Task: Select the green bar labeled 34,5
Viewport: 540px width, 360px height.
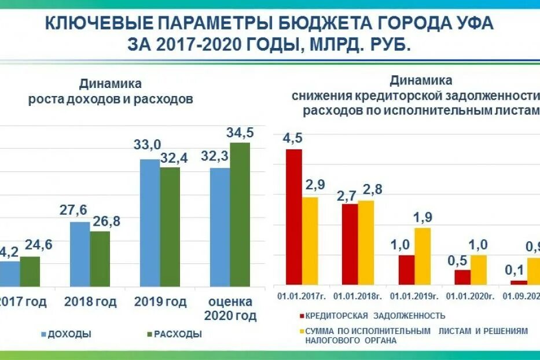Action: (x=240, y=214)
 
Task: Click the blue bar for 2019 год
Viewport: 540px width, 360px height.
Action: (x=150, y=223)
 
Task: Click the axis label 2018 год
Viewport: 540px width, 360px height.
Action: (x=90, y=302)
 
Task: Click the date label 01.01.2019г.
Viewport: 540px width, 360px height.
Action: (x=413, y=296)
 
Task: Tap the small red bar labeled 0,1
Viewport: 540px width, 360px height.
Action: (x=519, y=282)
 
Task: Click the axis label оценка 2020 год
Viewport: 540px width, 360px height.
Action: (x=230, y=309)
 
